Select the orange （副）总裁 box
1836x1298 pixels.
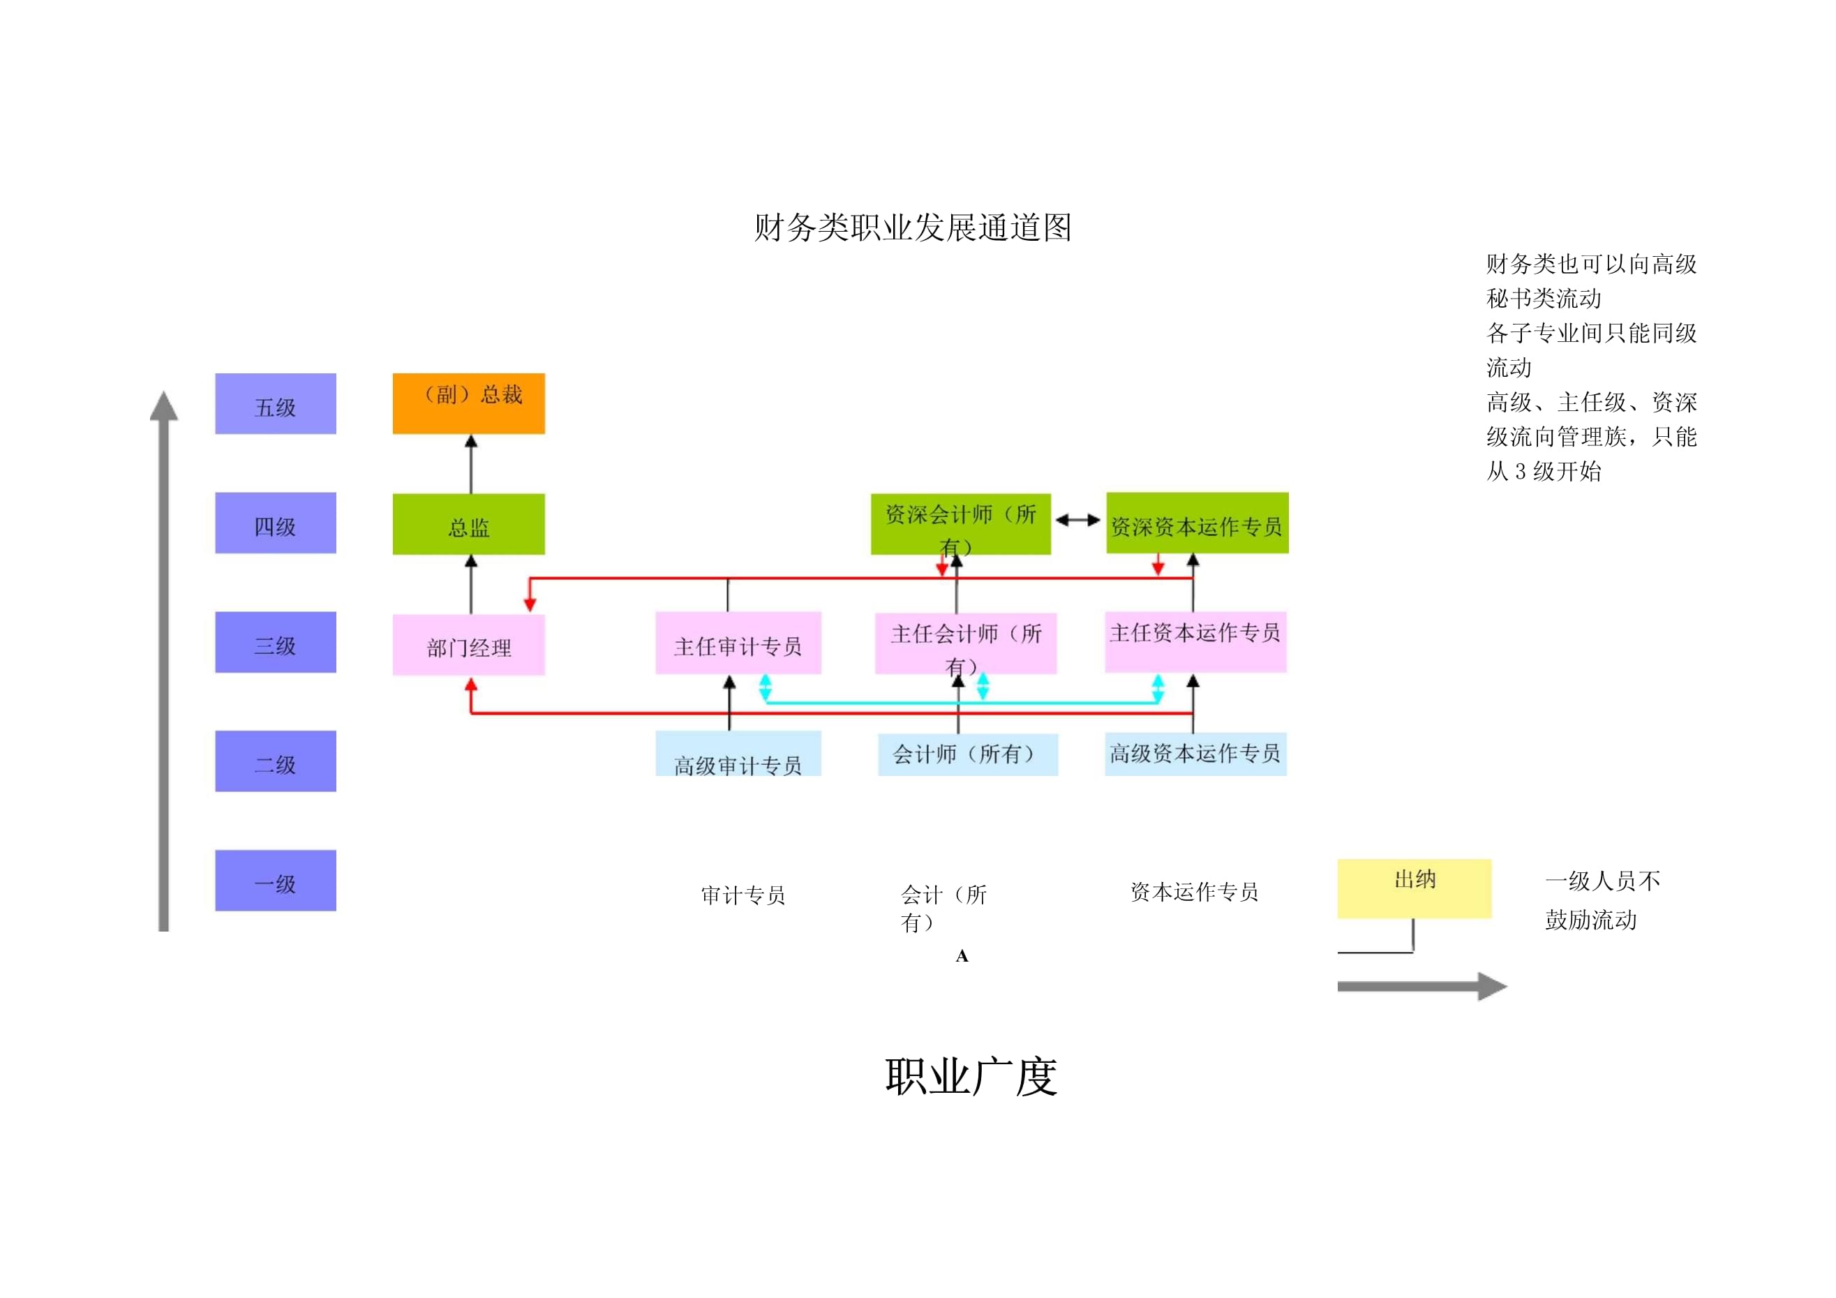point(469,404)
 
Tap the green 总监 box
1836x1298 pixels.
point(469,525)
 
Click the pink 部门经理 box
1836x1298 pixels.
point(469,646)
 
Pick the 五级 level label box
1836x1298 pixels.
point(275,404)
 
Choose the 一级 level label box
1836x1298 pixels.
point(275,881)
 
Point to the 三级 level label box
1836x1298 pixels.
point(275,642)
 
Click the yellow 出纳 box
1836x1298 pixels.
point(1414,888)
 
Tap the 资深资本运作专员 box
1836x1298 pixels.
point(1196,524)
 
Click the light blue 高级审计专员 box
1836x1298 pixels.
point(738,755)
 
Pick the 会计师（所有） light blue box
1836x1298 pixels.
point(968,754)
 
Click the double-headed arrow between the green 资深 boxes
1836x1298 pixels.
point(1078,521)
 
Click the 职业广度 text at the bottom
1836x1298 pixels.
point(971,1077)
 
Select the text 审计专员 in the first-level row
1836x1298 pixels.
point(743,895)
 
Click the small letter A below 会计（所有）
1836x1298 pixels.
point(962,956)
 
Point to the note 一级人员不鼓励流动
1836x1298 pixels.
point(1602,900)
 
